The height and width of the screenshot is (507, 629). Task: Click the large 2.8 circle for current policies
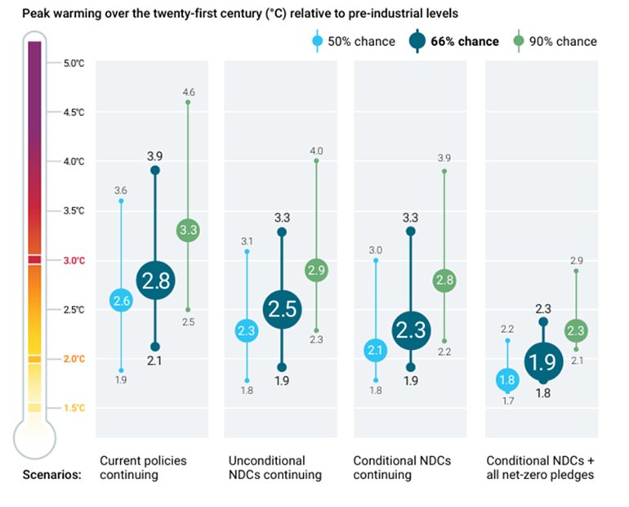click(x=155, y=281)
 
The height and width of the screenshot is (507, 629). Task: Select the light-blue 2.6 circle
click(x=122, y=301)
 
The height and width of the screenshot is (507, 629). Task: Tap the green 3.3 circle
click(x=188, y=231)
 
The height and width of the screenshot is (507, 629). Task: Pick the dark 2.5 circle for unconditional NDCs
click(x=282, y=308)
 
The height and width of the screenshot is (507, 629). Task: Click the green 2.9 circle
click(x=316, y=270)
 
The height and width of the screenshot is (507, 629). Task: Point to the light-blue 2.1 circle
click(x=376, y=351)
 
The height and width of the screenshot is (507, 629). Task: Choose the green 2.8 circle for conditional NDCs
click(x=444, y=280)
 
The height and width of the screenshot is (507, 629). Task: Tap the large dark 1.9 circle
click(x=543, y=361)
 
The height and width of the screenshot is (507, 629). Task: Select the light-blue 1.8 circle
click(x=507, y=379)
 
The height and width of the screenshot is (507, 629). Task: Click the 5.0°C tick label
click(x=74, y=63)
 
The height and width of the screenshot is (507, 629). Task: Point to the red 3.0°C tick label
click(x=74, y=260)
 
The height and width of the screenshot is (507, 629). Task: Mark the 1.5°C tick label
click(x=74, y=408)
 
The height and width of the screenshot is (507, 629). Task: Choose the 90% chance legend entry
click(x=557, y=41)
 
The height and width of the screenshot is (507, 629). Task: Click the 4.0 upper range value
click(x=316, y=150)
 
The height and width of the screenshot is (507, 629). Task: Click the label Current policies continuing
click(x=143, y=468)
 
